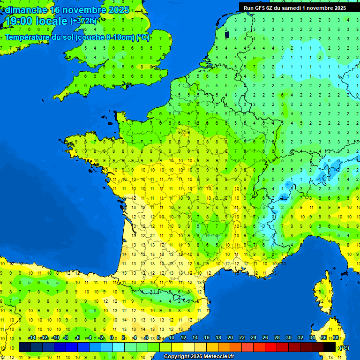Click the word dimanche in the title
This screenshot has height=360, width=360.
pyautogui.click(x=26, y=9)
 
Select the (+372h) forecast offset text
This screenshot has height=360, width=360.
pyautogui.click(x=83, y=21)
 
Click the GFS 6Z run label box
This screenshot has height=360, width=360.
pyautogui.click(x=294, y=7)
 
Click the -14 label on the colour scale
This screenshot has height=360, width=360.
pyautogui.click(x=32, y=337)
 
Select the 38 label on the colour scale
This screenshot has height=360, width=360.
pyautogui.click(x=335, y=337)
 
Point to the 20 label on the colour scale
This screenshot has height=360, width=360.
pyautogui.click(x=230, y=337)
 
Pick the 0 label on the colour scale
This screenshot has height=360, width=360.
pyautogui.click(x=112, y=337)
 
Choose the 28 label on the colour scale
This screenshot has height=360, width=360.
pyautogui.click(x=277, y=337)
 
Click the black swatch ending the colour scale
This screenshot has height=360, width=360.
pyautogui.click(x=330, y=347)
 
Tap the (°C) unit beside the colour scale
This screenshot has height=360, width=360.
pyautogui.click(x=344, y=347)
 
